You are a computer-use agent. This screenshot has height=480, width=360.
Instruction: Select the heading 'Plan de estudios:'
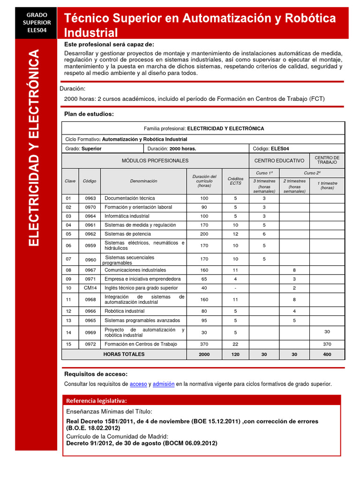[x=89, y=114]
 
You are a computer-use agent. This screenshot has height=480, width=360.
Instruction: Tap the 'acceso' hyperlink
[x=138, y=384]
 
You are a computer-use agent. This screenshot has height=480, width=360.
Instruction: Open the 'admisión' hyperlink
[x=164, y=384]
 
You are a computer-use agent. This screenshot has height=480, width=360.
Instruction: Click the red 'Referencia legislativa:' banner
[x=96, y=400]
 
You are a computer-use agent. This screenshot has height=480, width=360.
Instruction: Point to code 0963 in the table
[x=90, y=198]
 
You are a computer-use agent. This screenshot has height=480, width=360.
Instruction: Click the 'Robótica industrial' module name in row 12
[x=124, y=311]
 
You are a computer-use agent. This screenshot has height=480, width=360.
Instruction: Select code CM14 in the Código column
[x=90, y=288]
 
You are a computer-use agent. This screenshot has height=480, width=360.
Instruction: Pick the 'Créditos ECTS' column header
[x=235, y=181]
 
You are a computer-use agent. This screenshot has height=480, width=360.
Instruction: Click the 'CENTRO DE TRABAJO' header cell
[x=327, y=160]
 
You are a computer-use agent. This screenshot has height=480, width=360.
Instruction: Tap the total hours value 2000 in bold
[x=204, y=354]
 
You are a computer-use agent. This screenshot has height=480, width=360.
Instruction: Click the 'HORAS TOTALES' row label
[x=124, y=354]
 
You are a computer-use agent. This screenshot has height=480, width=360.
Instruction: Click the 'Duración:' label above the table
[x=73, y=89]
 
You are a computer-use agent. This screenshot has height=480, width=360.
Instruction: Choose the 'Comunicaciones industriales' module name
[x=135, y=270]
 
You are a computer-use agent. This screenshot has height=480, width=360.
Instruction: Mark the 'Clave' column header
[x=70, y=181]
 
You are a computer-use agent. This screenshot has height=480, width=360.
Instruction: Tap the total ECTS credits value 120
[x=235, y=354]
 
